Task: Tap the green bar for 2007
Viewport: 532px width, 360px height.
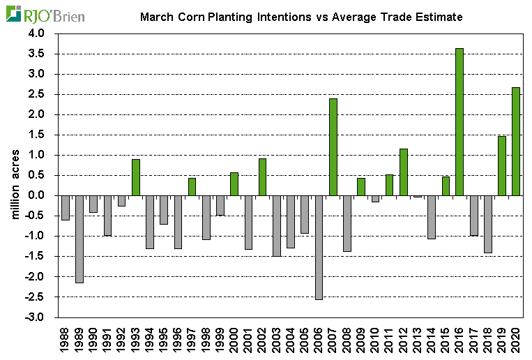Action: point(333,147)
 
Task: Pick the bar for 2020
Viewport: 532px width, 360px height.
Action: point(516,141)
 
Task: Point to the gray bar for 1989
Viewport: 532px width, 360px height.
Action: point(79,239)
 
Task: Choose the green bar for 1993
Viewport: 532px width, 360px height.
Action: point(136,177)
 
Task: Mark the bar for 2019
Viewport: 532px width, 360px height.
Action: point(502,165)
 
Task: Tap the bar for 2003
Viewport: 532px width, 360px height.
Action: point(277,225)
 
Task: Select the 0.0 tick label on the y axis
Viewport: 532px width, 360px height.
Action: point(35,195)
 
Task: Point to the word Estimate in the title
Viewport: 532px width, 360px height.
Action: point(437,16)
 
